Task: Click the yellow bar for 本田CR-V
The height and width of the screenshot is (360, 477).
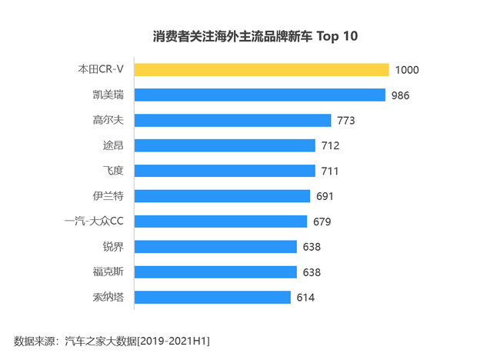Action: (262, 70)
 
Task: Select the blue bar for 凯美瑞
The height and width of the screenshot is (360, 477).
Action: (259, 95)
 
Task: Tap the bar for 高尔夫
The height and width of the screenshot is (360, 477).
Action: (232, 121)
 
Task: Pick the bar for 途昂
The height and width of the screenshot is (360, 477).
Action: (225, 145)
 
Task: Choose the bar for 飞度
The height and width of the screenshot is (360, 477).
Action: (225, 171)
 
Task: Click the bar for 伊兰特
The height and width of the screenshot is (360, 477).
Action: (222, 196)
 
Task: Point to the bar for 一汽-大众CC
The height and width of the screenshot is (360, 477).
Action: (221, 222)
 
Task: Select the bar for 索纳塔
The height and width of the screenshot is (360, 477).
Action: (212, 297)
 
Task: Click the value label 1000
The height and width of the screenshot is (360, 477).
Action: (406, 70)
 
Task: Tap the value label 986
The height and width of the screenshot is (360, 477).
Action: (400, 95)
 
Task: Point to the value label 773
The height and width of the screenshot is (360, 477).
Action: (346, 121)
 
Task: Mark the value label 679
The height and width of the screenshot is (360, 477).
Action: (322, 222)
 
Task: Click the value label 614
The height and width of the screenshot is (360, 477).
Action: (305, 297)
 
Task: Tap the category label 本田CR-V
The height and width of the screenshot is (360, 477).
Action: (101, 70)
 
